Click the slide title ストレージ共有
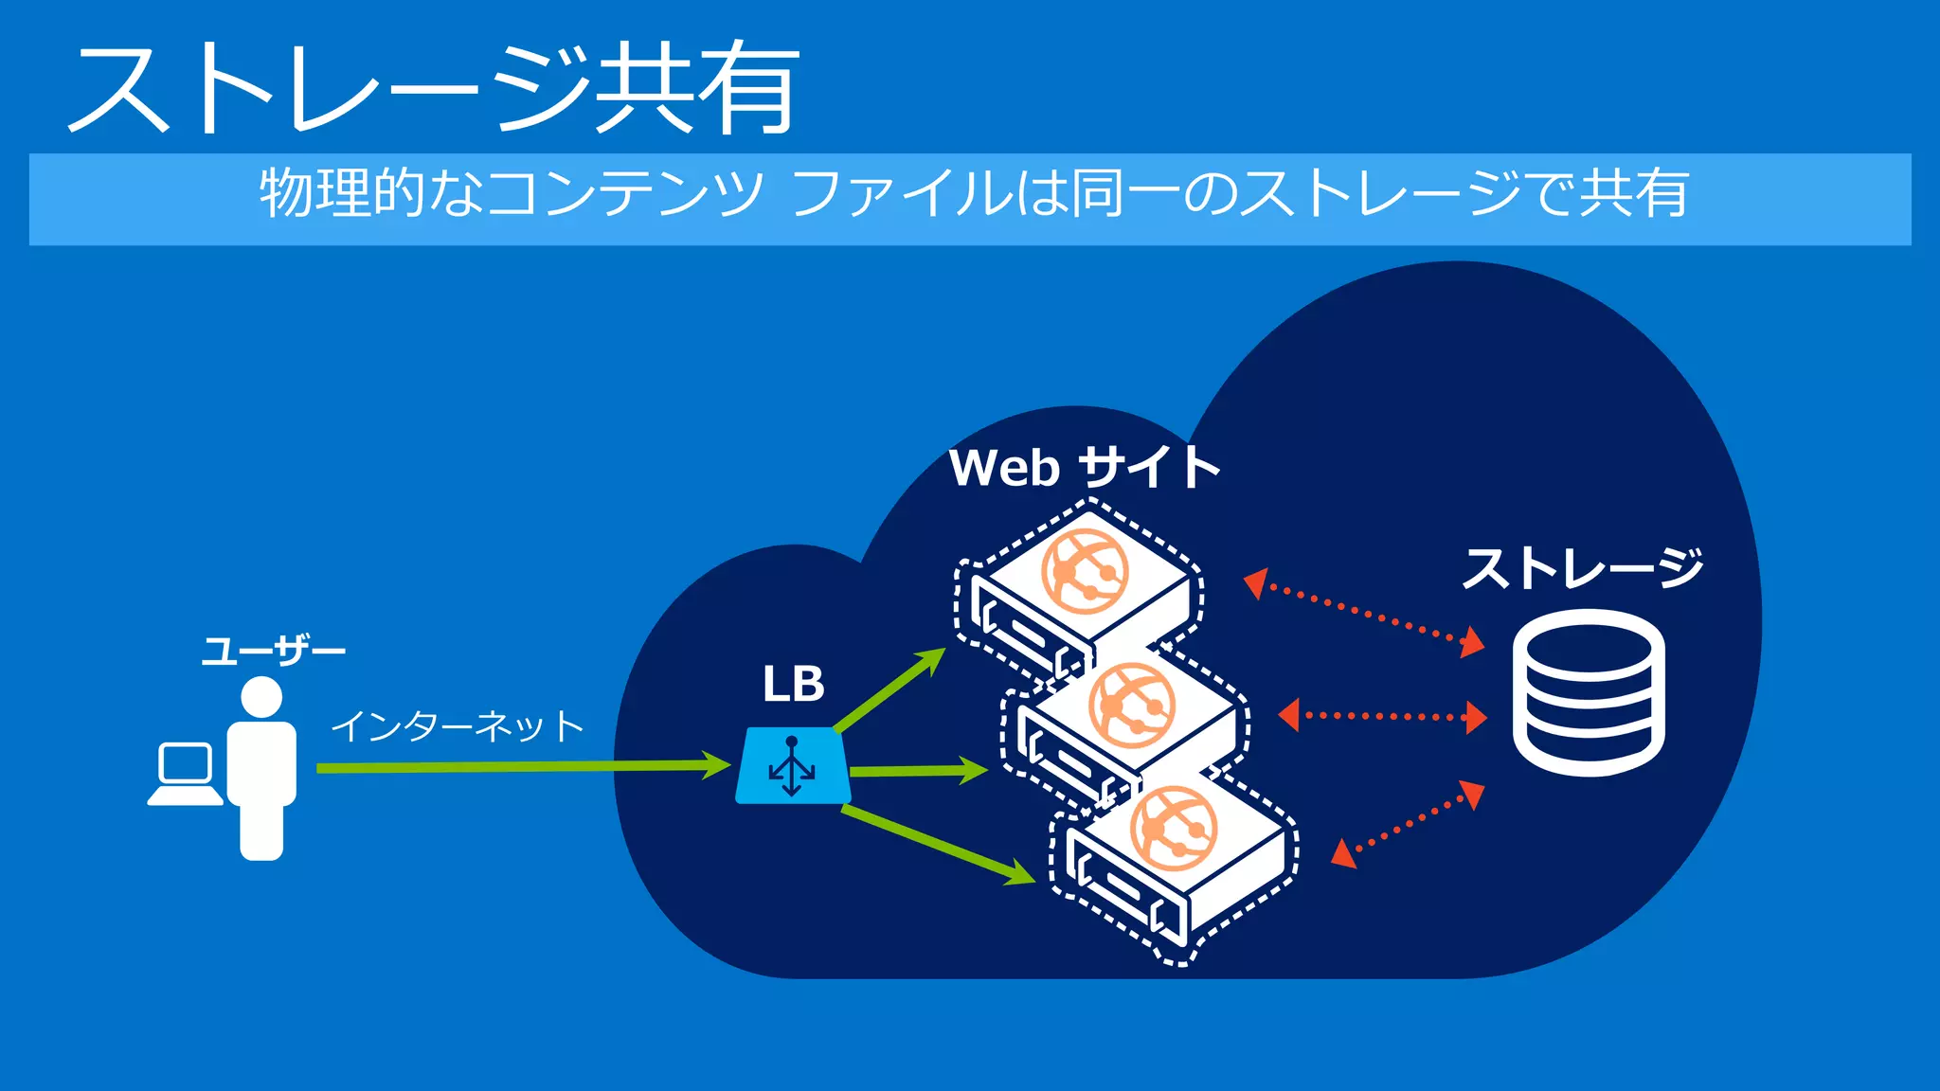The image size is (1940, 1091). point(434,90)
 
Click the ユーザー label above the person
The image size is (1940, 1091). point(273,652)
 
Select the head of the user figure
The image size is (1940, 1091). point(261,698)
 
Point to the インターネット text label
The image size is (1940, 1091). point(458,726)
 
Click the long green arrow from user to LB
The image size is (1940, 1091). point(521,766)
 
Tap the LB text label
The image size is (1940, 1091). point(793,684)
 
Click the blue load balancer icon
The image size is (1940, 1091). point(792,766)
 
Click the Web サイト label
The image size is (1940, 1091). point(1084,468)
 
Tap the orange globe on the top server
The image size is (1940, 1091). point(1085,572)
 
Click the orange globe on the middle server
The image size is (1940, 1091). point(1132,706)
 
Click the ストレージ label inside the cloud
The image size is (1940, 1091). point(1582,568)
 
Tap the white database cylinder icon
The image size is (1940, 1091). point(1589,692)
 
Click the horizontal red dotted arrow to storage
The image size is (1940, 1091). point(1382,716)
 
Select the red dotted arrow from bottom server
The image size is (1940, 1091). point(1408,823)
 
